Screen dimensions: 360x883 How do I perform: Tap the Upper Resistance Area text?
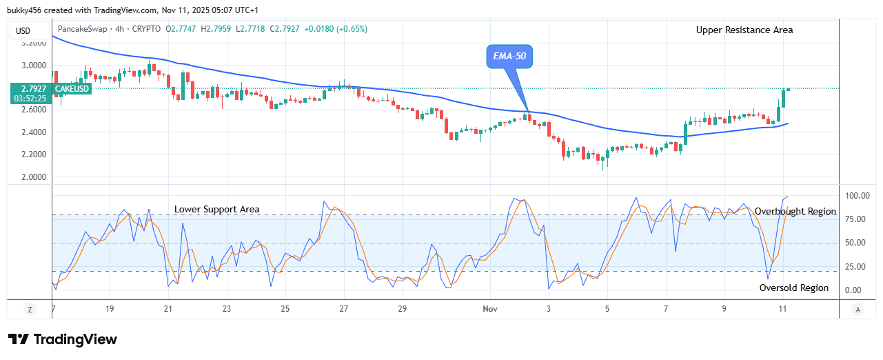coord(744,30)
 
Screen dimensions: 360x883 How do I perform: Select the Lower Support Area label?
coord(216,209)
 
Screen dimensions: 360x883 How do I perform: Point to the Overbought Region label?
coord(795,212)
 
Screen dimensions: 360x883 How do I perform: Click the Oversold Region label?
coord(794,288)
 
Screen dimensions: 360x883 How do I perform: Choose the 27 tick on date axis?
coord(344,310)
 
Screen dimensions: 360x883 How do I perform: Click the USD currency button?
coord(23,30)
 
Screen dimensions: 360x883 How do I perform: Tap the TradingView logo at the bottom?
coord(63,339)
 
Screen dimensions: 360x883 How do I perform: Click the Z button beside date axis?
coord(30,310)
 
